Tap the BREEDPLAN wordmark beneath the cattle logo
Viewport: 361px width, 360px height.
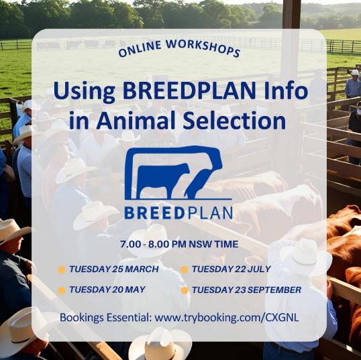[x=178, y=213]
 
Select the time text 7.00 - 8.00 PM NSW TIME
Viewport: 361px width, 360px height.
[x=179, y=244]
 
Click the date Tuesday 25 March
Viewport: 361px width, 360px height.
[x=114, y=269]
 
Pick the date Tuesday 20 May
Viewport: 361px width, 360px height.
[x=107, y=290]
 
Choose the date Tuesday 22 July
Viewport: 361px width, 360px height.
[x=231, y=269]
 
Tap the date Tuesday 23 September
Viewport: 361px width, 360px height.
[x=246, y=290]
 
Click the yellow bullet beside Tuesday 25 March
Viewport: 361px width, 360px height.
[x=62, y=269]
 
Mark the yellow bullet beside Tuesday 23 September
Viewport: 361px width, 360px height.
[x=185, y=290]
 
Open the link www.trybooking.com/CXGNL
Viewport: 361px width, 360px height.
[x=227, y=318]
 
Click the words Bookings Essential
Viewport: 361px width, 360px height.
[x=105, y=318]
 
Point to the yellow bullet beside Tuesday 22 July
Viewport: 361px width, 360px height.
[x=185, y=269]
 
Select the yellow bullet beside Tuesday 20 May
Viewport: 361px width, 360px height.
[x=62, y=290]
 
